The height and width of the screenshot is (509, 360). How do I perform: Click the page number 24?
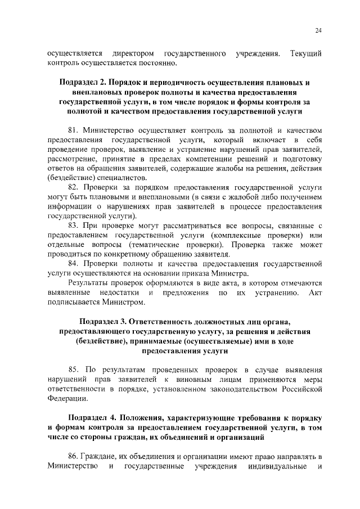(318, 30)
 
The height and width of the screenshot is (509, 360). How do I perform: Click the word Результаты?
(88, 283)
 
